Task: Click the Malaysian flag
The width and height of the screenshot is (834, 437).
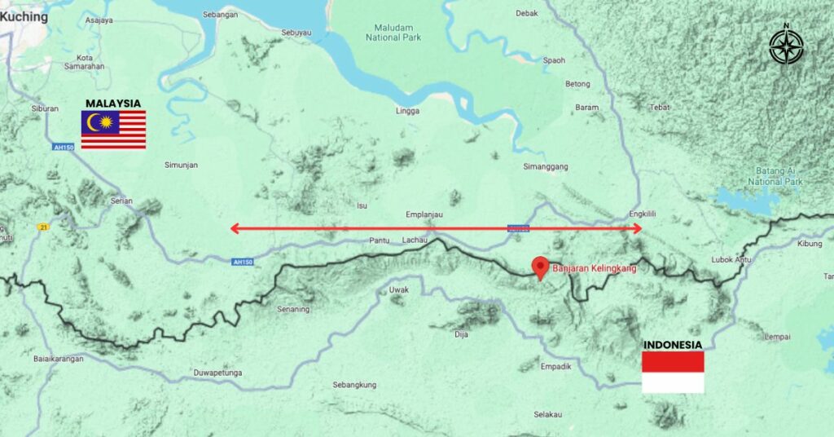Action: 113,130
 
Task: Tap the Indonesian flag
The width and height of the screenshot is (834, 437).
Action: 673,373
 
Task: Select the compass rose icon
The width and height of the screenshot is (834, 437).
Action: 786,46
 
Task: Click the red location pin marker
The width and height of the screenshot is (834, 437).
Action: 538,267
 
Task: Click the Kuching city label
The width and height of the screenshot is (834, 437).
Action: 24,16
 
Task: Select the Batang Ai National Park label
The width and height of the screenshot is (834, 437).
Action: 775,175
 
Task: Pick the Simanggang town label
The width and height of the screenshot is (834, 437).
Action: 545,166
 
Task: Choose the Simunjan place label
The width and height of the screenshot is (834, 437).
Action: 181,165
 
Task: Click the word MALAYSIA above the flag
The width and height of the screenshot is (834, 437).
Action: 113,104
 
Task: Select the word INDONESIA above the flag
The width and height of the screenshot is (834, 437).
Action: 673,344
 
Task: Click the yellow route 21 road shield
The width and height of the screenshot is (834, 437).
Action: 41,227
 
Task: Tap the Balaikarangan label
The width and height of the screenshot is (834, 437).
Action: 60,359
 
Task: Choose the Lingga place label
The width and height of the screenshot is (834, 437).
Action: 406,111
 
